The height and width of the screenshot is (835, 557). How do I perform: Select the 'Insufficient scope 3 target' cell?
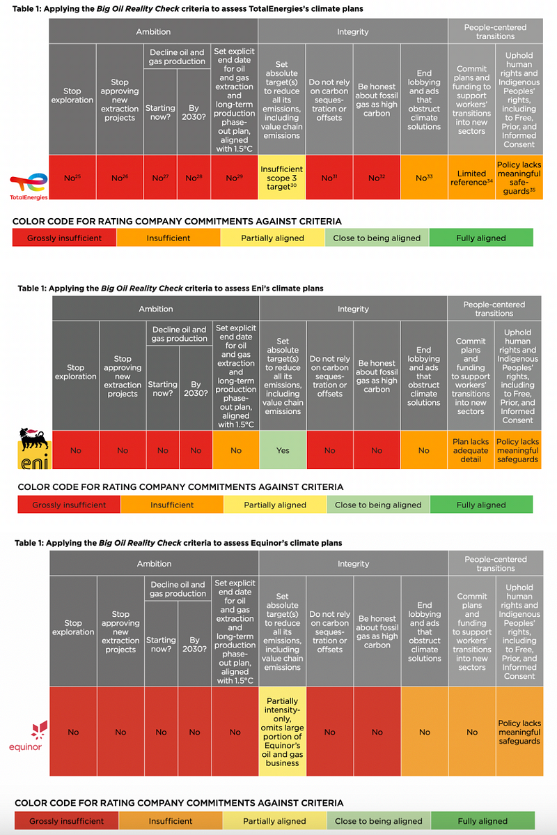tap(282, 178)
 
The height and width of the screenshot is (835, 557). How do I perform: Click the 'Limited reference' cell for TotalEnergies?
tap(471, 178)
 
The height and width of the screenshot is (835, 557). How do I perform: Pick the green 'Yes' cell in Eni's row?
tap(282, 450)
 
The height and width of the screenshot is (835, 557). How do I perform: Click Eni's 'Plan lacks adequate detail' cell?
tap(471, 450)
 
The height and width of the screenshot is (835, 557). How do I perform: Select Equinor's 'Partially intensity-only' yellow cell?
tap(282, 732)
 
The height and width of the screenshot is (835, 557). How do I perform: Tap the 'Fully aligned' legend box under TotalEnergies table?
tap(480, 238)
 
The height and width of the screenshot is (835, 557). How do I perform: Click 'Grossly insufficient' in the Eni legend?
tap(69, 505)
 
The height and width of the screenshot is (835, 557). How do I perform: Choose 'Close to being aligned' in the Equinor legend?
tap(378, 821)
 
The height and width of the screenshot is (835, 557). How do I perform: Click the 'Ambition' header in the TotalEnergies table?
tap(153, 31)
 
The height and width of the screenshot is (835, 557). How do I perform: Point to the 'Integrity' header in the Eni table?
tap(353, 309)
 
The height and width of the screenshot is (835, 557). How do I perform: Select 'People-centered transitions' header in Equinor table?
tap(495, 563)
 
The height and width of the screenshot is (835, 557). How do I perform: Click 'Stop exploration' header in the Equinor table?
tap(73, 627)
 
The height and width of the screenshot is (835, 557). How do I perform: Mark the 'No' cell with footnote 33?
tap(424, 178)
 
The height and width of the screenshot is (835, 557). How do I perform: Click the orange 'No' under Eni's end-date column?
tap(235, 450)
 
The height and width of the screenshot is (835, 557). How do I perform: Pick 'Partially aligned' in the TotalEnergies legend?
tap(272, 238)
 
